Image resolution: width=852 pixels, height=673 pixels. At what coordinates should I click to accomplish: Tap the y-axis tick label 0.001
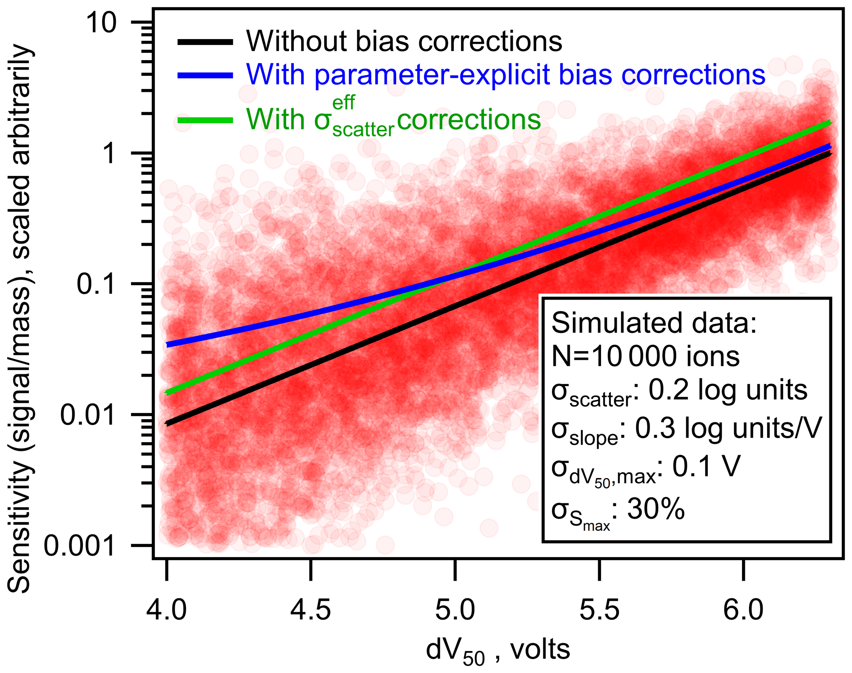click(x=80, y=546)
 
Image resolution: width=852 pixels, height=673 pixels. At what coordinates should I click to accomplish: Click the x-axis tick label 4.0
click(x=167, y=610)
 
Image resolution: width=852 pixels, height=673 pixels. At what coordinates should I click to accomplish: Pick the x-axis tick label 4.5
click(x=310, y=610)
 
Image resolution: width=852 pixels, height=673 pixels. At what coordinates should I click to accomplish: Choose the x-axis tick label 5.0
click(x=455, y=610)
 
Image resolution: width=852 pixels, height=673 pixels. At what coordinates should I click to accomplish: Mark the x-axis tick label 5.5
click(x=599, y=610)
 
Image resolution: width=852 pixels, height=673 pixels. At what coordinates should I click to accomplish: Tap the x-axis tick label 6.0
click(x=743, y=610)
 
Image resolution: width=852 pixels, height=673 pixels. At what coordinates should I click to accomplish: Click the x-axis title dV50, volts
click(x=498, y=651)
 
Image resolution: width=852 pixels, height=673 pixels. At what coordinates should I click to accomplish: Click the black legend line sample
click(x=205, y=42)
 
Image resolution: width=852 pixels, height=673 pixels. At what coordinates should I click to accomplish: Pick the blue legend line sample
click(x=205, y=75)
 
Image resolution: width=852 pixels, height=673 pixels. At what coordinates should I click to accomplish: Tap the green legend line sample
click(x=205, y=120)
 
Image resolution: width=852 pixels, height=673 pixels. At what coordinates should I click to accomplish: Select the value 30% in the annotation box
click(x=656, y=509)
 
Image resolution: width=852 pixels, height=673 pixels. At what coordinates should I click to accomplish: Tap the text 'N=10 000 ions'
click(x=645, y=356)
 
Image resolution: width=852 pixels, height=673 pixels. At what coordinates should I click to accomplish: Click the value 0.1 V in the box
click(x=706, y=466)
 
